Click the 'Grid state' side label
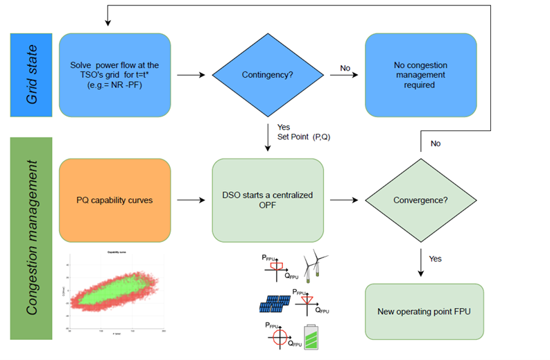(x=33, y=74)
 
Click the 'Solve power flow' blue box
(x=114, y=75)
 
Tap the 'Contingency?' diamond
(x=268, y=75)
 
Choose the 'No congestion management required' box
(x=421, y=75)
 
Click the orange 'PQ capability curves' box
(x=114, y=200)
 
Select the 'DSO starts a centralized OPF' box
(x=268, y=200)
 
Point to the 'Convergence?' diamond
(x=421, y=200)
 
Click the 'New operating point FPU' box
(x=423, y=311)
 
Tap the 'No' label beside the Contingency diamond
(x=345, y=68)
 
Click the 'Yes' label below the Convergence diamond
(x=435, y=259)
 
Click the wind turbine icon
(x=315, y=266)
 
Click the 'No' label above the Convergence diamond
(x=435, y=144)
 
